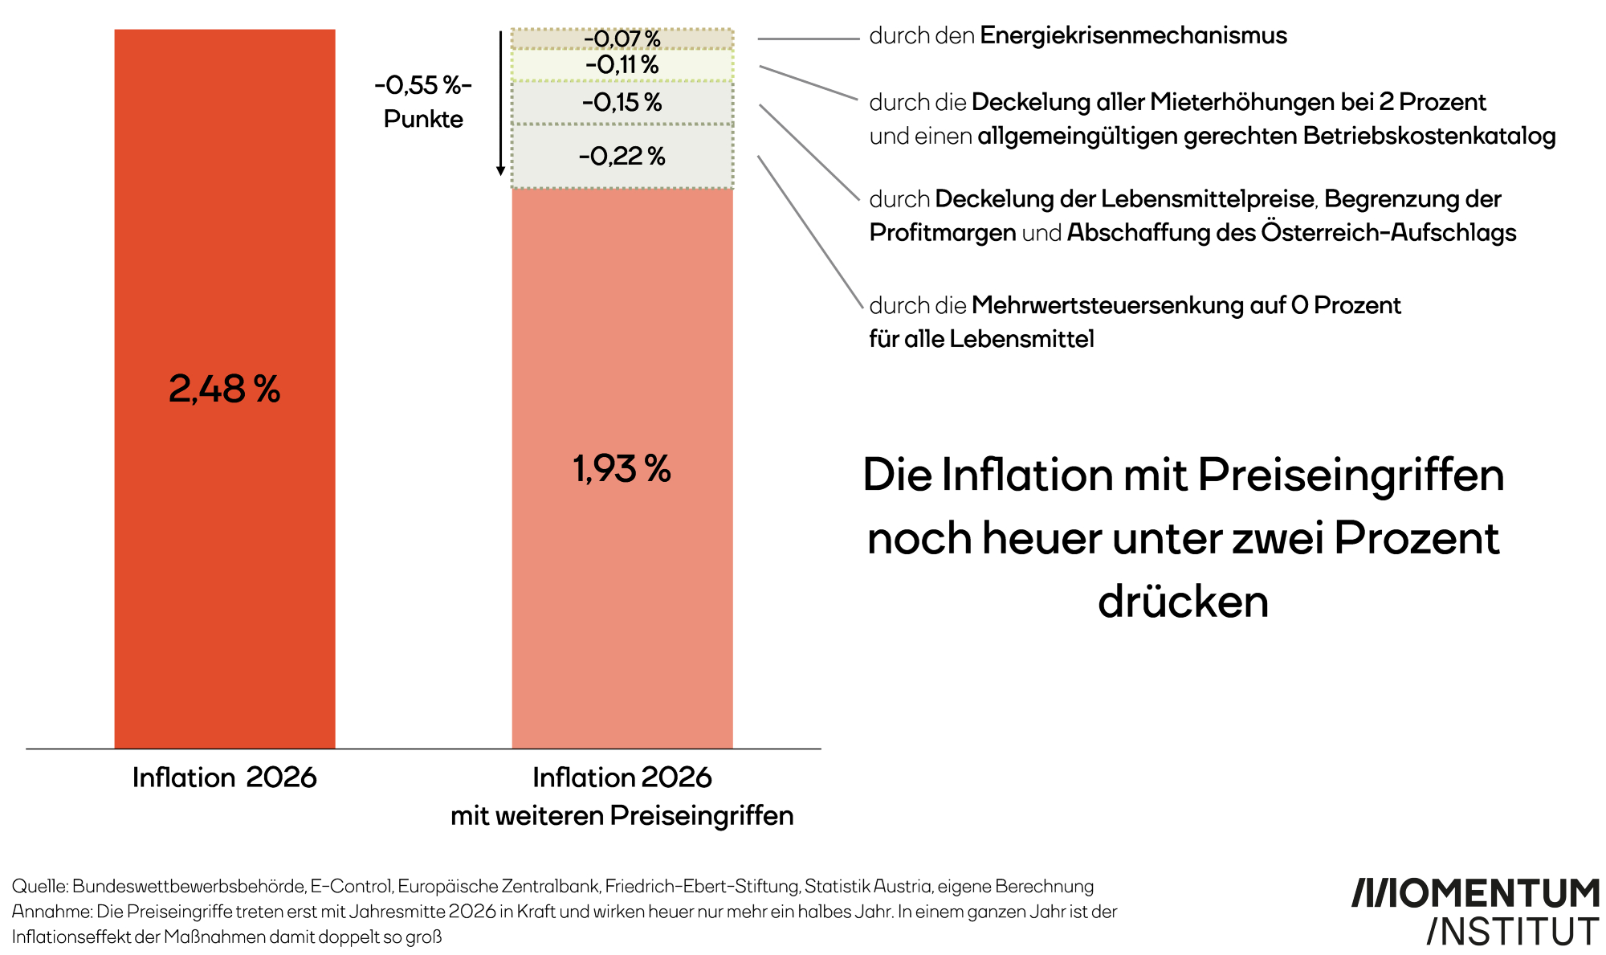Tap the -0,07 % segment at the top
pyautogui.click(x=622, y=39)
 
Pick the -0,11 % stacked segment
pyautogui.click(x=622, y=65)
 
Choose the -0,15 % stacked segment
pyautogui.click(x=622, y=103)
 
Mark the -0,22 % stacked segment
pyautogui.click(x=622, y=156)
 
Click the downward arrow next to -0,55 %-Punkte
pyautogui.click(x=500, y=104)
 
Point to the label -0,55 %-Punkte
pyautogui.click(x=423, y=102)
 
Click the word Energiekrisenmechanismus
pyautogui.click(x=1133, y=35)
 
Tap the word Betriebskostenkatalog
pyautogui.click(x=1429, y=136)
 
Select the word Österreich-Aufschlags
pyautogui.click(x=1388, y=232)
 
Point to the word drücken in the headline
pyautogui.click(x=1183, y=602)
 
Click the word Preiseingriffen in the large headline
pyautogui.click(x=1351, y=475)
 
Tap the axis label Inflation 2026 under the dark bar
pyautogui.click(x=224, y=777)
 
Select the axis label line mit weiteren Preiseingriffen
pyautogui.click(x=622, y=816)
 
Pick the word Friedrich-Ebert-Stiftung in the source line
pyautogui.click(x=702, y=886)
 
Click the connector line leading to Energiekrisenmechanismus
pyautogui.click(x=808, y=39)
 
